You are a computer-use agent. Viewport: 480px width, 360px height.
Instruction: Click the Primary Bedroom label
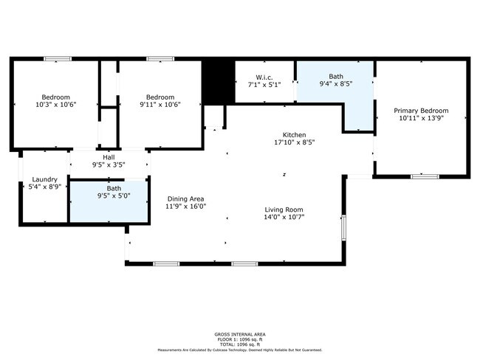422,111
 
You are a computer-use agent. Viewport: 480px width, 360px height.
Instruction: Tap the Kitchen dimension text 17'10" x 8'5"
285,143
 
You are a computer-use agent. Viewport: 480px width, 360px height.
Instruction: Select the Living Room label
284,209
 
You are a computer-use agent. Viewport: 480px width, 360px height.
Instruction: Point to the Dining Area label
186,198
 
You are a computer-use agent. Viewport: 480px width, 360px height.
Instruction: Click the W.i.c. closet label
265,76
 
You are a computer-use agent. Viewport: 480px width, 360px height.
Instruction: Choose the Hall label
109,157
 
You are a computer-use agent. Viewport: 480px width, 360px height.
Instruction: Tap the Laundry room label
44,180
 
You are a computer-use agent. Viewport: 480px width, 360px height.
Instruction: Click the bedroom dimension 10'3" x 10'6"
55,105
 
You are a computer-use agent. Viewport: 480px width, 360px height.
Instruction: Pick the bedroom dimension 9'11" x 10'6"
160,105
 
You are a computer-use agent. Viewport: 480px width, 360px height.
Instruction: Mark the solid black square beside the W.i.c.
218,81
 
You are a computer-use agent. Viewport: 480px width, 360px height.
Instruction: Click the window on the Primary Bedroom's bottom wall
425,176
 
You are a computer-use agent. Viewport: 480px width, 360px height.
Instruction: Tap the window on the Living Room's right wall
343,226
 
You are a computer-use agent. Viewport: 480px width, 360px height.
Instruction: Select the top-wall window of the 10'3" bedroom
57,59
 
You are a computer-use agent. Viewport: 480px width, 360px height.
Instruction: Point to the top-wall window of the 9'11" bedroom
160,59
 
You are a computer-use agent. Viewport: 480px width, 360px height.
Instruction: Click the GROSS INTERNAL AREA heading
239,333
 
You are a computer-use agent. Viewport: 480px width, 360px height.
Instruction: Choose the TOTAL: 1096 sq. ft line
239,344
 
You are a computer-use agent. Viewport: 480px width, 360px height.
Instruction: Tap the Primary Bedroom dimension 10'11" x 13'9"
422,118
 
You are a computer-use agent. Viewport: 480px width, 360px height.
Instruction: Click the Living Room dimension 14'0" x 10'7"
284,217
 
